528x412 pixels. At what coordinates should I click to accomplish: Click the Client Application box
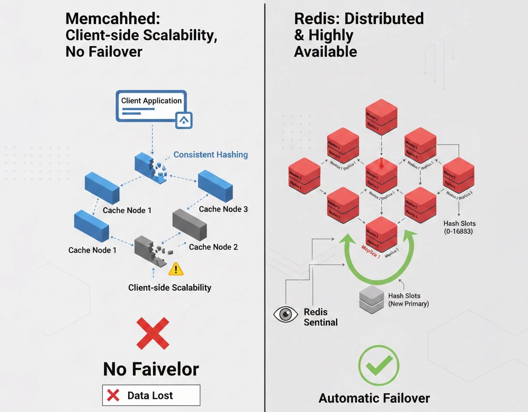pyautogui.click(x=151, y=105)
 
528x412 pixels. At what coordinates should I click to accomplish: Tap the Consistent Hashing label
pyautogui.click(x=210, y=155)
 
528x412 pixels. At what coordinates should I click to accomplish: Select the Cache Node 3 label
pyautogui.click(x=223, y=209)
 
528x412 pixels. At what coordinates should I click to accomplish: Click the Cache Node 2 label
pyautogui.click(x=213, y=247)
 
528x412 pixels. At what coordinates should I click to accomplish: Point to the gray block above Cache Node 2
pyautogui.click(x=189, y=224)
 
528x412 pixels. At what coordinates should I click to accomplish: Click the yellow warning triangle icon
pyautogui.click(x=176, y=268)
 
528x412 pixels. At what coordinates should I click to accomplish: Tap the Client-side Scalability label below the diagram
pyautogui.click(x=170, y=288)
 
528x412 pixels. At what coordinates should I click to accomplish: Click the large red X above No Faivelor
pyautogui.click(x=152, y=334)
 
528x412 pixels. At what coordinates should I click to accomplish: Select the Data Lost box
pyautogui.click(x=151, y=395)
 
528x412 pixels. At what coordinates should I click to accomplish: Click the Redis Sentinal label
pyautogui.click(x=321, y=317)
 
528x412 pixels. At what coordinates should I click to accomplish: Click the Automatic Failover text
pyautogui.click(x=374, y=398)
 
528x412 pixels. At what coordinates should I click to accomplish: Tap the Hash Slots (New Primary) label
pyautogui.click(x=408, y=300)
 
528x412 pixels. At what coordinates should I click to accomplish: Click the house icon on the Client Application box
pyautogui.click(x=183, y=119)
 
